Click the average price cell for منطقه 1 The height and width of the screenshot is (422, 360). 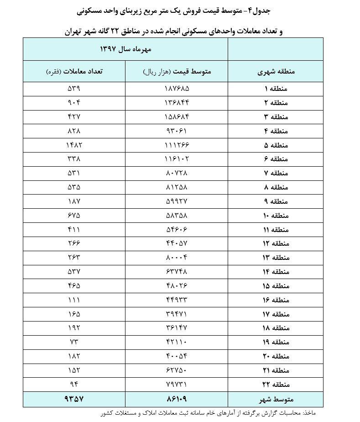click(x=177, y=88)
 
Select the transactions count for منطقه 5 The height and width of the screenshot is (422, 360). click(x=73, y=145)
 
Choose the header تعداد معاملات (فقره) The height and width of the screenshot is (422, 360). click(x=74, y=72)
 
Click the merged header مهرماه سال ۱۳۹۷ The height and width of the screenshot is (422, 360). click(x=125, y=49)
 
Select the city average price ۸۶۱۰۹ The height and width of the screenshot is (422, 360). click(x=177, y=399)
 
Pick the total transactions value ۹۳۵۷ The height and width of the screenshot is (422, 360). click(x=73, y=399)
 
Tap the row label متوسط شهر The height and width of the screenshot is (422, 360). click(x=275, y=399)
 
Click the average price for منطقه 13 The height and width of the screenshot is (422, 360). click(x=177, y=258)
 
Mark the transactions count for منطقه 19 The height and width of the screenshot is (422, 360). click(x=73, y=342)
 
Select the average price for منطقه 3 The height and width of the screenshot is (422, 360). click(x=177, y=116)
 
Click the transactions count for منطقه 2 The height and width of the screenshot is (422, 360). click(x=73, y=102)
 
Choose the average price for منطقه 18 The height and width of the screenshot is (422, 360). click(x=177, y=328)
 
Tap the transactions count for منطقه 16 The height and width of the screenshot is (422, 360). click(x=73, y=300)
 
